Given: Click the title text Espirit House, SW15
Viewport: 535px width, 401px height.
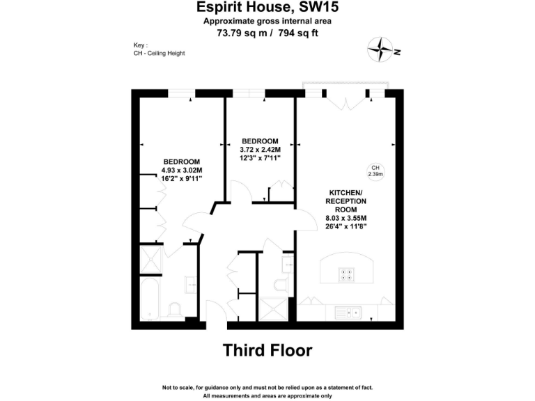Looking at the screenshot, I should coord(267,8).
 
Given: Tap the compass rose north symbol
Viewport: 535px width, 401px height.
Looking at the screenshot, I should coord(381,49).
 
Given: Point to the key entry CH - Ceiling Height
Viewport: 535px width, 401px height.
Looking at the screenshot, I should coord(159,54).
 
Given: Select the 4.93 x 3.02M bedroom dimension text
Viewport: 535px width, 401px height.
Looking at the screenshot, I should coord(182,170).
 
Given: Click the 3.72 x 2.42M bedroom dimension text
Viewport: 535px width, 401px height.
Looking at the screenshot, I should coord(260,150).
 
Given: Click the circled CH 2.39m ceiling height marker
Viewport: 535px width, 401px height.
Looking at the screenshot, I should coord(375,171).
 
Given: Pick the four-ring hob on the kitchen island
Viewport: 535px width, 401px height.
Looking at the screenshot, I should coord(346,274).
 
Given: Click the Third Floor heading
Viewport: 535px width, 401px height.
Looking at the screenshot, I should coord(267,349).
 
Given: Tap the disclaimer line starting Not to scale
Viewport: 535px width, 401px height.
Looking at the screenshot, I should coord(267,387).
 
